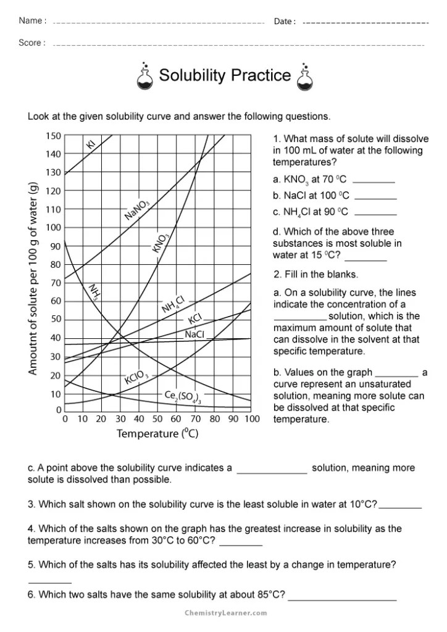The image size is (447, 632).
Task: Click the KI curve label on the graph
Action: [x=91, y=144]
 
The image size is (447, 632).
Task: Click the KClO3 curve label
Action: [x=136, y=376]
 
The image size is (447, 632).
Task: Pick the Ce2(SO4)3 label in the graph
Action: [x=183, y=396]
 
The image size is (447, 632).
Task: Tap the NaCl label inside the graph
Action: [x=194, y=335]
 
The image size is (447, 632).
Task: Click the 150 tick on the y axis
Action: [x=54, y=136]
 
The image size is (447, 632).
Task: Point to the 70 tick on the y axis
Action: [x=56, y=283]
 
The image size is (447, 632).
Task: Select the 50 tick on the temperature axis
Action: [x=157, y=420]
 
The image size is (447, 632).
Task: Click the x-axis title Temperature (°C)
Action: [x=157, y=434]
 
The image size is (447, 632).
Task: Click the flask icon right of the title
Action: [x=305, y=77]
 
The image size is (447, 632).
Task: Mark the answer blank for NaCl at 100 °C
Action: [x=376, y=196]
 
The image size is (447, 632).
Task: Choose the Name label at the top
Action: [x=32, y=21]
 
